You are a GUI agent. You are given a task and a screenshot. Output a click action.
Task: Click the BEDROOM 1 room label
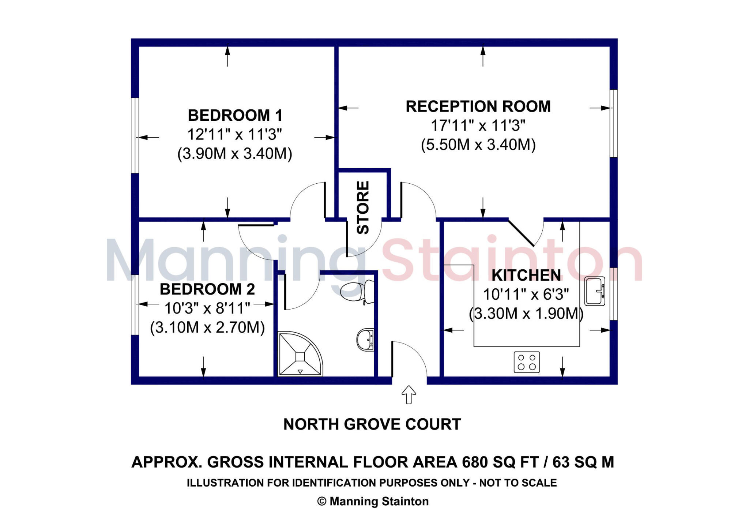[x=235, y=116]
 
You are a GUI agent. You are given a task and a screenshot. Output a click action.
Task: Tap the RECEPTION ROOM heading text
[x=478, y=106]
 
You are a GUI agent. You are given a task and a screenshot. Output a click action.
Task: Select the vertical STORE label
[x=363, y=207]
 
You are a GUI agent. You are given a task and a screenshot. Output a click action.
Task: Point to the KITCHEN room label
[x=526, y=276]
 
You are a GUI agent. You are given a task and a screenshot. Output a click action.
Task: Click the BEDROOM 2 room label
[x=207, y=289]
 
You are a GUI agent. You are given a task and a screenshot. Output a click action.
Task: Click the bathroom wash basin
[x=365, y=340]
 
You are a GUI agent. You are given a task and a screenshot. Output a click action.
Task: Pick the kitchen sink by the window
[x=594, y=291]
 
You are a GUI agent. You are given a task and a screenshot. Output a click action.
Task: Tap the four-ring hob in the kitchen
[x=527, y=362]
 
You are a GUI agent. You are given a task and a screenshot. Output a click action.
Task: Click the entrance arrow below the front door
[x=409, y=395]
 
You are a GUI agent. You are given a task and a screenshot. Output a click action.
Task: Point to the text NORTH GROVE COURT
[x=372, y=424]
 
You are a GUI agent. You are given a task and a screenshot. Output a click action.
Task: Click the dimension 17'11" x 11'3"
[x=478, y=125]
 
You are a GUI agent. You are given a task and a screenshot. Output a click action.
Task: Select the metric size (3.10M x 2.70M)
[x=207, y=327]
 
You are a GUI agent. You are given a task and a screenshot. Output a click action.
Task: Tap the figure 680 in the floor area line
[x=475, y=462]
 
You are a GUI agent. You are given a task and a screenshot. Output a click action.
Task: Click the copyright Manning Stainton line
[x=373, y=501]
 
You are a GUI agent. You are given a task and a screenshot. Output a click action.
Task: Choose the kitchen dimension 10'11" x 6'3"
[x=526, y=295]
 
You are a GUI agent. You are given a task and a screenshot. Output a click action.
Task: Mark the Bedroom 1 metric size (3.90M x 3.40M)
[x=235, y=154]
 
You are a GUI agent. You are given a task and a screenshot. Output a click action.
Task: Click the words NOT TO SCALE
[x=518, y=483]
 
